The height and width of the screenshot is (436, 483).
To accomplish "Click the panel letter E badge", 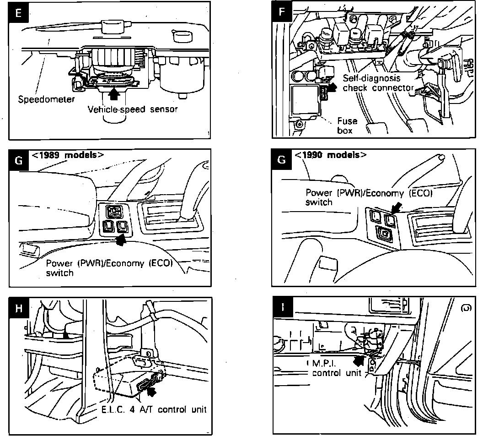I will click(x=18, y=13).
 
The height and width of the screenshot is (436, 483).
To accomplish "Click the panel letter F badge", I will click(x=282, y=13).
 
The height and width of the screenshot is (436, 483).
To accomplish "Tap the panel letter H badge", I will click(x=18, y=308).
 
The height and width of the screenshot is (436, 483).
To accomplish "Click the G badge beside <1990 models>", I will click(x=282, y=160).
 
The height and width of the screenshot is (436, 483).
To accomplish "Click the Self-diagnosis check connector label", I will click(x=378, y=83).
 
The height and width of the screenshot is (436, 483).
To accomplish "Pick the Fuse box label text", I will click(x=347, y=125).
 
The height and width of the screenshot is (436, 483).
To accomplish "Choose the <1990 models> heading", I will click(x=330, y=155).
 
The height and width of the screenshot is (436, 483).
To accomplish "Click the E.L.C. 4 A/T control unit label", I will click(x=153, y=409).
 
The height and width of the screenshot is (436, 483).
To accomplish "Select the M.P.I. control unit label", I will click(x=336, y=368).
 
